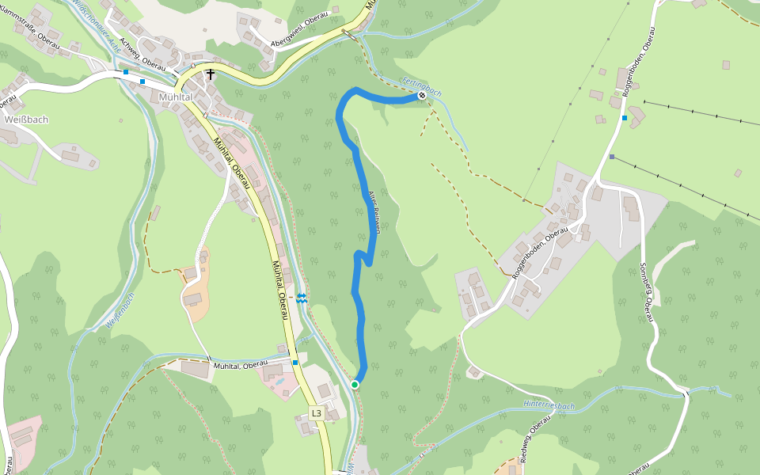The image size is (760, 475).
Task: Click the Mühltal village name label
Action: pos(176,97)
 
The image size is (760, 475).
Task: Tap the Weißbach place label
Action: pos(26,120)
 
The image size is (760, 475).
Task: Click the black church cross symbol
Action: pos(211,75)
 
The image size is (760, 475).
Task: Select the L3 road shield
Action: pos(317,413)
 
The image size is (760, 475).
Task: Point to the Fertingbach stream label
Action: pos(422,85)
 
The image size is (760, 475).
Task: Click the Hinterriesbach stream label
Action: pos(549,405)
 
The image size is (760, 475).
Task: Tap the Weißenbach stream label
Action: pos(120,310)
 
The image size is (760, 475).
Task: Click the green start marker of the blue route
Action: pos(355,385)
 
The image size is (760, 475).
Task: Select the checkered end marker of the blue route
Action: pos(422,96)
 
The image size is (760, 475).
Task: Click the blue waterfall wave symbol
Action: pos(302,298)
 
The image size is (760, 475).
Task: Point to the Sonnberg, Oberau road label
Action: pos(646,293)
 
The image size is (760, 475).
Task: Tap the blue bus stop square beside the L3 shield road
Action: pos(295,363)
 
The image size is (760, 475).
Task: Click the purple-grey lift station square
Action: pos(612,157)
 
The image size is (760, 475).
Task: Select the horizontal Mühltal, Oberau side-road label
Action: pos(240,365)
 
